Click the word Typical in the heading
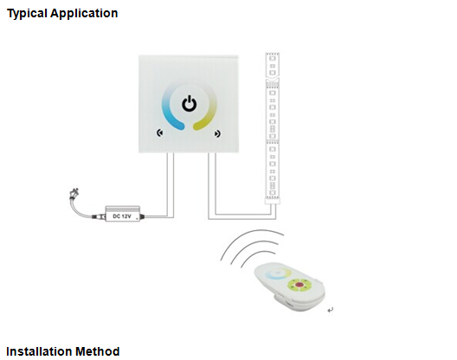pyautogui.click(x=27, y=13)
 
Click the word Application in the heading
pyautogui.click(x=84, y=13)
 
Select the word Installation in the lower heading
pyautogui.click(x=39, y=351)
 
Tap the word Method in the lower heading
pyautogui.click(x=98, y=351)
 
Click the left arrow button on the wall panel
pyautogui.click(x=160, y=133)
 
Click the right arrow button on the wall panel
pyautogui.click(x=217, y=133)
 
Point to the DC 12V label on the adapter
pyautogui.click(x=122, y=216)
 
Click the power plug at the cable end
pyautogui.click(x=73, y=194)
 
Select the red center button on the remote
pyautogui.click(x=298, y=285)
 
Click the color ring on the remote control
pyautogui.click(x=277, y=273)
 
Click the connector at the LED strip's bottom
pyautogui.click(x=273, y=201)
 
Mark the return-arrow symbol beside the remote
pyautogui.click(x=331, y=310)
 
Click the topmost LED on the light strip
pyautogui.click(x=273, y=58)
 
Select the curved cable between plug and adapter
pyautogui.click(x=80, y=209)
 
